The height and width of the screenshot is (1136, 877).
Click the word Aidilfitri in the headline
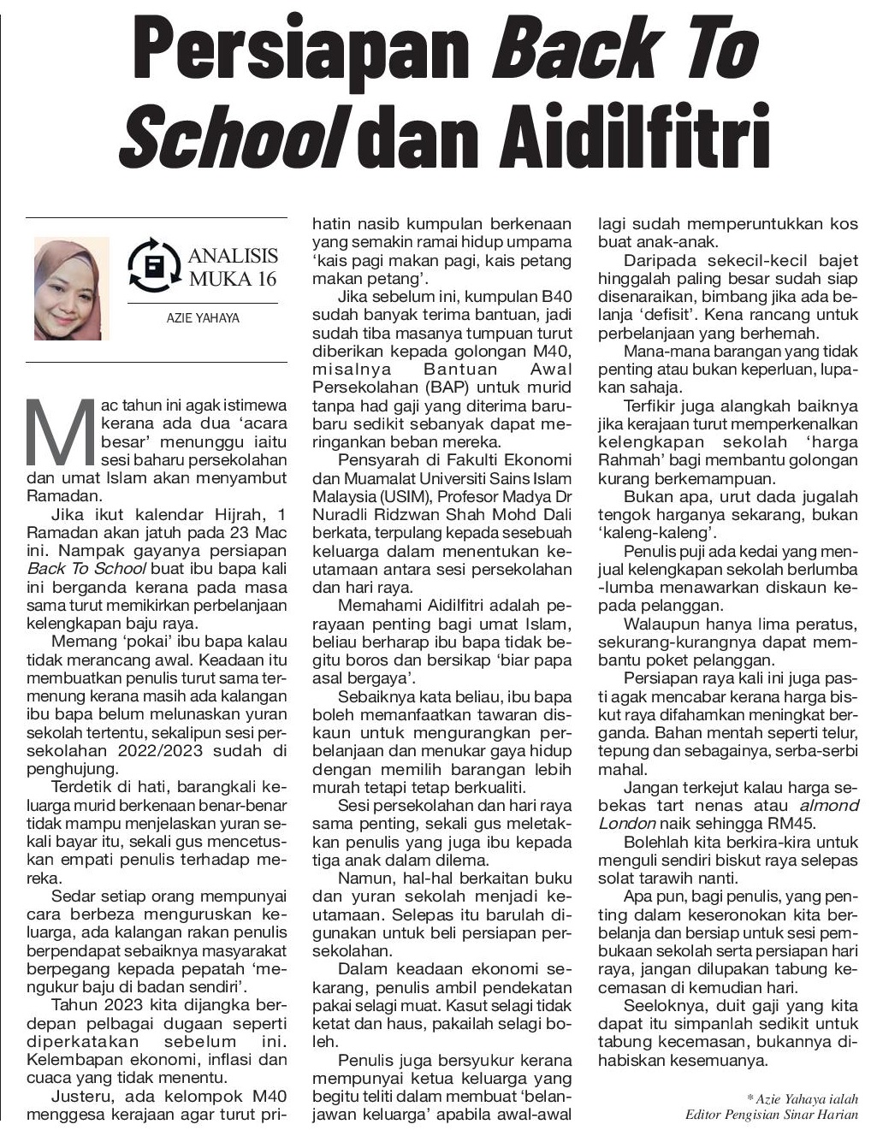pos(603,133)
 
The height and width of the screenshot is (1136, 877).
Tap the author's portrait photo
pos(72,288)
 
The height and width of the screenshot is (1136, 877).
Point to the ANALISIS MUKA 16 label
pos(233,267)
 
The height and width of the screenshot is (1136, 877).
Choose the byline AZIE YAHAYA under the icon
pos(203,318)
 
